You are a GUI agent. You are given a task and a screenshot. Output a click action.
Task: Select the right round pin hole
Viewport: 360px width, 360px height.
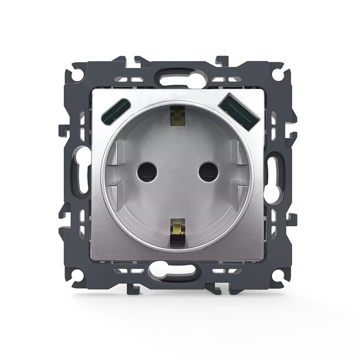click(208, 171)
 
